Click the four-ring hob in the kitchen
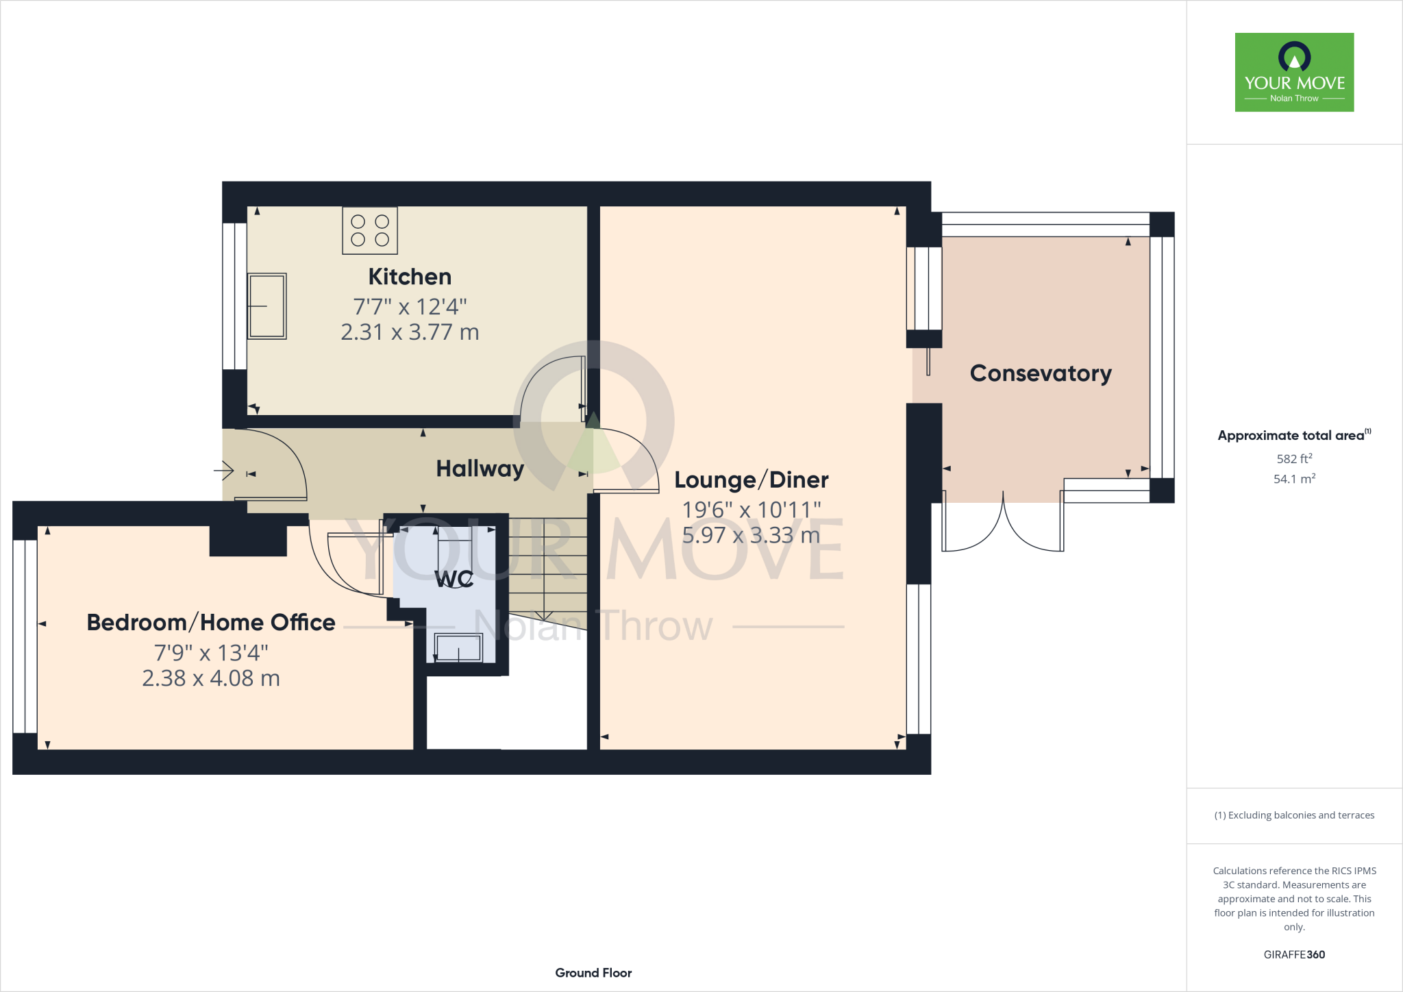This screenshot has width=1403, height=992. pos(370,231)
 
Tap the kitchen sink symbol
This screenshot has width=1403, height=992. pos(266,306)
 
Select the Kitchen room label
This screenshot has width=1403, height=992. pos(410,277)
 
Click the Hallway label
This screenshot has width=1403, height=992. pos(480,469)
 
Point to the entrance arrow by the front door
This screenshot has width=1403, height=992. pos(224,471)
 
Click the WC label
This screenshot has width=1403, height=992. pos(454,579)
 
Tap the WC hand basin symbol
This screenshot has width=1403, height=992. pos(458,648)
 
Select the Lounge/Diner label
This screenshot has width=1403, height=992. pos(751,480)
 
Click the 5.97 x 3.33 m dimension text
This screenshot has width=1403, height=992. pos(751,535)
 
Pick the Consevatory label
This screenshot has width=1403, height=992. pos(1040,373)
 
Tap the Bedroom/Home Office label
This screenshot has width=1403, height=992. pos(211,623)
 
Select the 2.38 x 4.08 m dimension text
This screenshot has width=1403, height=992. pos(211,678)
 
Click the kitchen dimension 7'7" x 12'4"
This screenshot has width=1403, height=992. pos(410,306)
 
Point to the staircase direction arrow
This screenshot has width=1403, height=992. pos(544,614)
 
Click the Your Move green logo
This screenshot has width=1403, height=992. pos(1294,72)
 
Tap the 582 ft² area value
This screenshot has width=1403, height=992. pos(1293,458)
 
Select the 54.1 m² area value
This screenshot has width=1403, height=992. pos(1293,479)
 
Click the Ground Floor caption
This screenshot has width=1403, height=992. pos(593,973)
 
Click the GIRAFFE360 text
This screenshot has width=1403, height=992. pos(1293,954)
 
